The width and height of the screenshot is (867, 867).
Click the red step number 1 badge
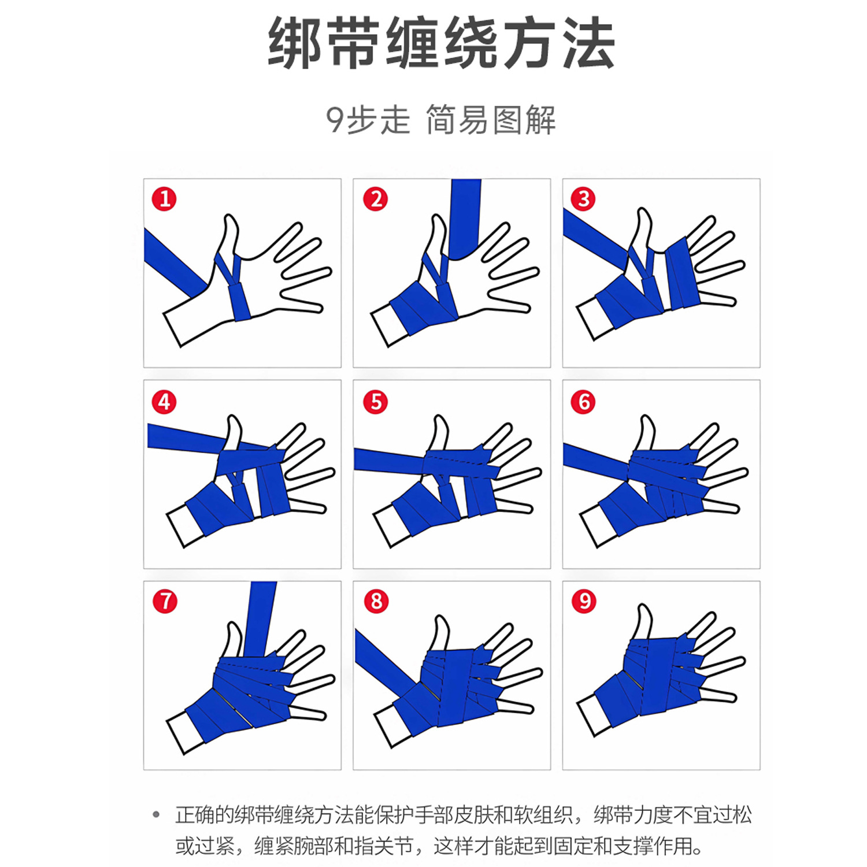pos(164,199)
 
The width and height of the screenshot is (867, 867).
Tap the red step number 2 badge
pos(376,199)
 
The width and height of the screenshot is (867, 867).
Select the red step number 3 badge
pos(583,199)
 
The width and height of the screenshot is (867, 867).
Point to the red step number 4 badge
pos(164,402)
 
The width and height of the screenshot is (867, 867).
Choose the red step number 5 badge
pos(376,402)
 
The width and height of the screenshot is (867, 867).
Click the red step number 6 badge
pos(583,402)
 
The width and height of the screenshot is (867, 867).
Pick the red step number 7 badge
pos(165,601)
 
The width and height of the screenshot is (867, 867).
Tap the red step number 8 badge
pos(376,601)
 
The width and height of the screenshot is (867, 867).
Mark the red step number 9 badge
pos(584,601)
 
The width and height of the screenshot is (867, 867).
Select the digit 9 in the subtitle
pos(335,120)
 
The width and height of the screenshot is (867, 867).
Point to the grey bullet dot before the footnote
pos(156,815)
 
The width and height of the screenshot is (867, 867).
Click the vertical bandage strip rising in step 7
pos(260,619)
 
